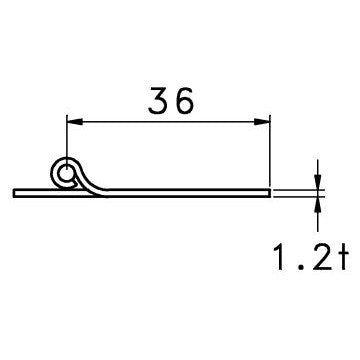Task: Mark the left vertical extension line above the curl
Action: (66, 140)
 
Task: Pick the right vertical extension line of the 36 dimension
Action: (271, 150)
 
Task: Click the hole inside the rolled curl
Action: (67, 175)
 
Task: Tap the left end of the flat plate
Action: (17, 190)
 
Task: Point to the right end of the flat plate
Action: (269, 190)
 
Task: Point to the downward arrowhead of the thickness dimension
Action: (318, 181)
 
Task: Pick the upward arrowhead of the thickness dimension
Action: (318, 199)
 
